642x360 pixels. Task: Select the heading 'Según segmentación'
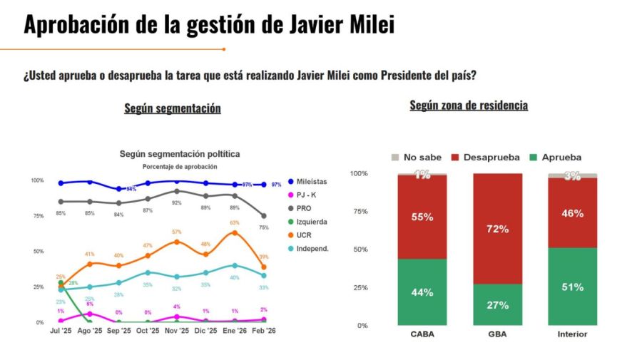click(x=172, y=108)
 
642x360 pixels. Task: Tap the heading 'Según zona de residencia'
click(x=469, y=106)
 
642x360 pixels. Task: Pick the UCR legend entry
click(x=302, y=235)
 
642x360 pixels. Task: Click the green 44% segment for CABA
click(x=422, y=292)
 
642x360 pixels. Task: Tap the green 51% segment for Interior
click(x=572, y=287)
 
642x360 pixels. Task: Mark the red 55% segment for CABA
click(x=422, y=217)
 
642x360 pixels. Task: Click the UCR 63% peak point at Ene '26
click(x=235, y=232)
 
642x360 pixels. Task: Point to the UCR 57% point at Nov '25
click(x=177, y=242)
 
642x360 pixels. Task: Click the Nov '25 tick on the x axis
click(x=177, y=331)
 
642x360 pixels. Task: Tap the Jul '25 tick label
click(x=61, y=331)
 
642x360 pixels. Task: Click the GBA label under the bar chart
click(x=497, y=334)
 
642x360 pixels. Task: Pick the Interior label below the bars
click(x=572, y=334)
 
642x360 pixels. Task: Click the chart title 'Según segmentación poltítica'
click(x=179, y=154)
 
